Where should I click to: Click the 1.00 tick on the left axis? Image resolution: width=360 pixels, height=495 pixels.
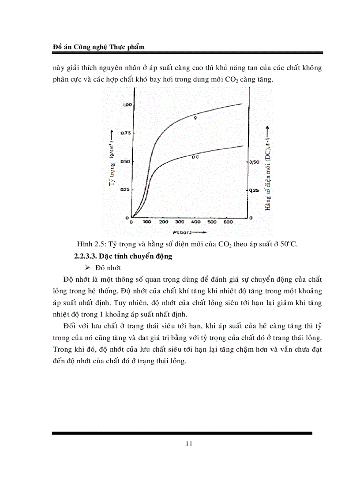(x=127, y=105)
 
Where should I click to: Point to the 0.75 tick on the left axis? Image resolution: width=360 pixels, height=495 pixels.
(x=127, y=133)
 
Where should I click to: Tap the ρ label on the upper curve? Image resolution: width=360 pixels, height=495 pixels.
(x=195, y=118)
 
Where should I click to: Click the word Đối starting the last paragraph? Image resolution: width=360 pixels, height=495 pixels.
(x=70, y=325)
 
